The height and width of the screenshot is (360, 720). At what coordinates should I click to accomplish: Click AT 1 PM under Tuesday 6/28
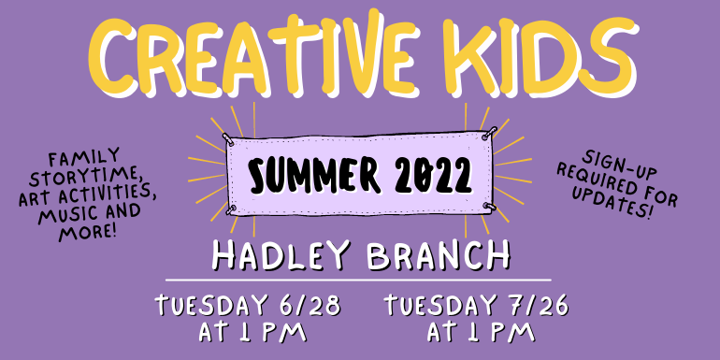tap(252, 332)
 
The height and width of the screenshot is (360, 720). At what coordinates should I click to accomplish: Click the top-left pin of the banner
tap(227, 137)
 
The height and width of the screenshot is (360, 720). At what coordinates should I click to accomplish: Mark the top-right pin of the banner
tap(486, 136)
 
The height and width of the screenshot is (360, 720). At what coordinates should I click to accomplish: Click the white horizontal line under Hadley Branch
tap(359, 280)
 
